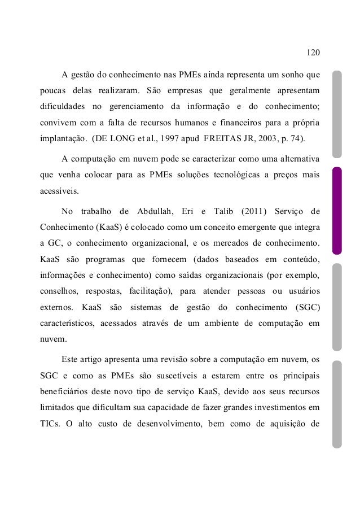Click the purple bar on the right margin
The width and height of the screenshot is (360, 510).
[x=337, y=211]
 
